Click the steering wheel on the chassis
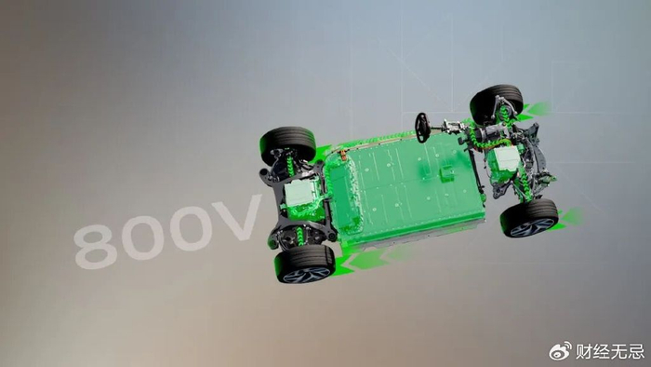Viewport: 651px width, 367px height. pyautogui.click(x=422, y=128)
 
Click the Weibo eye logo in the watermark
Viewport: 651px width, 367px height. pyautogui.click(x=560, y=351)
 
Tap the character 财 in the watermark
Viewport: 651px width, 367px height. pyautogui.click(x=584, y=351)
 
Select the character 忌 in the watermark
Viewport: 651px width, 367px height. pyautogui.click(x=635, y=351)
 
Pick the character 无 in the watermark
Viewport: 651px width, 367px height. pyautogui.click(x=618, y=351)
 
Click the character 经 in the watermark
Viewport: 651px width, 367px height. pyautogui.click(x=601, y=351)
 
